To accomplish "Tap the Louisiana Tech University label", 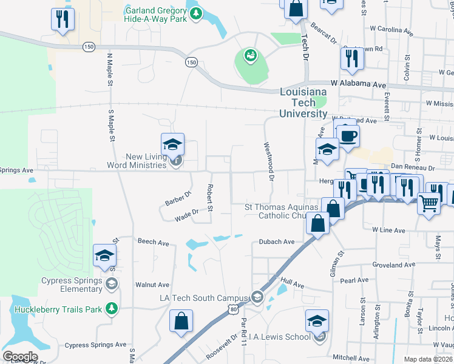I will pyautogui.click(x=303, y=103).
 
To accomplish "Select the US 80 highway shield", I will pyautogui.click(x=234, y=309).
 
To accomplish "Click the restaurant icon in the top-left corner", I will pyautogui.click(x=63, y=19).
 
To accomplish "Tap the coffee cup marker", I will pyautogui.click(x=348, y=135).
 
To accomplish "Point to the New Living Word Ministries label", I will pyautogui.click(x=137, y=161).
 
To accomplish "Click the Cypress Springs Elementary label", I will pyautogui.click(x=71, y=285).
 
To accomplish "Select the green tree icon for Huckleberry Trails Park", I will pyautogui.click(x=111, y=309).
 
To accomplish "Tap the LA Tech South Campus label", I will pyautogui.click(x=204, y=297).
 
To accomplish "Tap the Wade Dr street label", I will pyautogui.click(x=186, y=213).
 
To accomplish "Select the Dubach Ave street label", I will pyautogui.click(x=276, y=241).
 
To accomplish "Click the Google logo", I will pyautogui.click(x=19, y=357).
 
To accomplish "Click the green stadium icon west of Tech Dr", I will pyautogui.click(x=249, y=57).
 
